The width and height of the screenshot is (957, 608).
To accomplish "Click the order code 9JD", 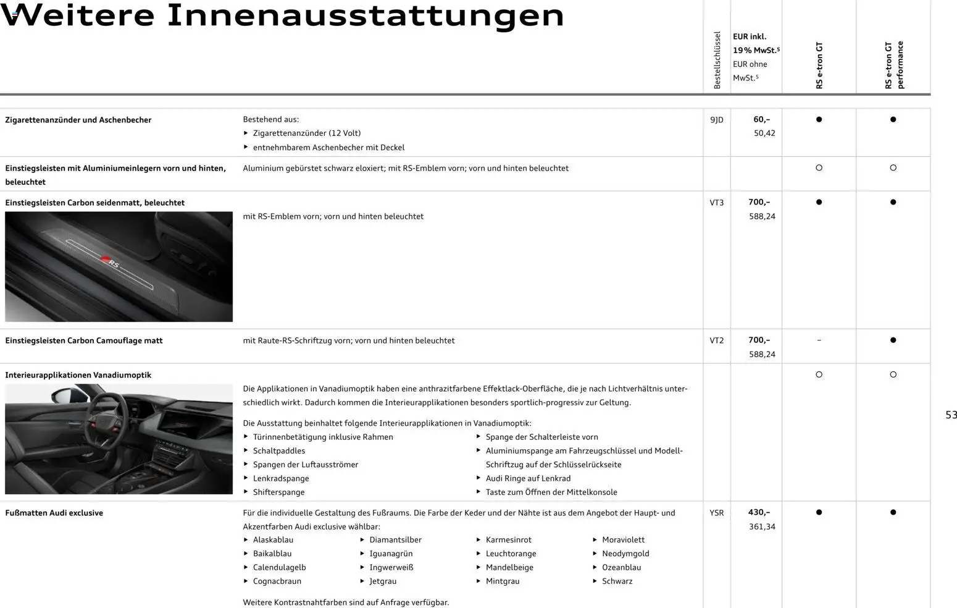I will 716,120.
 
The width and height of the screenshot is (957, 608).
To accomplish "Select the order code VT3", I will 716,203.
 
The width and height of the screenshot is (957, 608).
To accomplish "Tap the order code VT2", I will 716,340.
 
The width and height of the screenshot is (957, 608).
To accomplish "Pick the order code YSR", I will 716,513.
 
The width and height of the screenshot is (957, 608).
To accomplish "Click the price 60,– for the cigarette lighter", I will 761,119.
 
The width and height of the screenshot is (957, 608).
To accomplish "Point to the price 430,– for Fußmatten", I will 759,512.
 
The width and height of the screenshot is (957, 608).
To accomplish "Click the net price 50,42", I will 764,133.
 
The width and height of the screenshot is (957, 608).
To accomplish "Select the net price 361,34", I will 762,527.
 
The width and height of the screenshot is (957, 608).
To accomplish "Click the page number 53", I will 951,415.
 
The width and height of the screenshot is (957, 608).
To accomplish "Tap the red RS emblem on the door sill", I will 106,260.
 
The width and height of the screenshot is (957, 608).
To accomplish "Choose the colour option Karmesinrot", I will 508,540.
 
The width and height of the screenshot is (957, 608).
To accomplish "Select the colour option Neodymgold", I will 625,554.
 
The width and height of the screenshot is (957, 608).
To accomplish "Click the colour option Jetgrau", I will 383,581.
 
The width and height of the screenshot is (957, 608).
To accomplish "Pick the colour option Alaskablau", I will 273,540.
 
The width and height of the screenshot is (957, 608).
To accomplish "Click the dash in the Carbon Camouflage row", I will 819,340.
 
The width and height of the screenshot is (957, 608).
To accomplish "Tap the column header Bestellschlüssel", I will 717,60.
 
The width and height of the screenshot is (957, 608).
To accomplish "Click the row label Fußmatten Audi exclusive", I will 54,513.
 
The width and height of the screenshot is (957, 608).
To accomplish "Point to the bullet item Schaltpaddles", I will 279,451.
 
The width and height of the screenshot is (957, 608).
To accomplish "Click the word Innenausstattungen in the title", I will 366,16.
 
